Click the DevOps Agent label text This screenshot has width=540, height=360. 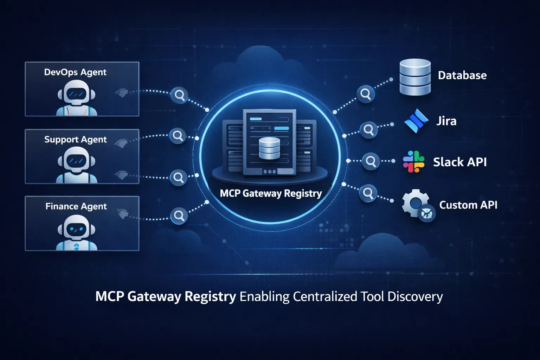[75, 72]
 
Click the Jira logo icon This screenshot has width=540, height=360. [416, 121]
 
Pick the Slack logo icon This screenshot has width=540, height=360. [413, 162]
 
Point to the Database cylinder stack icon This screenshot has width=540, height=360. [415, 77]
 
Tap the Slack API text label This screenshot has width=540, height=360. [460, 162]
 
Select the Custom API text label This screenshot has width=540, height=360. [468, 205]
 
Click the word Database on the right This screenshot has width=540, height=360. [462, 75]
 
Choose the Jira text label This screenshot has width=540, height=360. [446, 121]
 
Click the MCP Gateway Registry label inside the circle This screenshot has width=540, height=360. [271, 193]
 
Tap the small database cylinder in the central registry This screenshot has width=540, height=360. [269, 148]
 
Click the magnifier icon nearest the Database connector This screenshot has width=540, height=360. [366, 94]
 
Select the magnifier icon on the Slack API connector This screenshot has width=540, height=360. [371, 161]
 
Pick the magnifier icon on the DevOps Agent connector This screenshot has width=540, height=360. [179, 95]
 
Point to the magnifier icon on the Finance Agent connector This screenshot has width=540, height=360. [179, 216]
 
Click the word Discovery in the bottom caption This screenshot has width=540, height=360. [415, 296]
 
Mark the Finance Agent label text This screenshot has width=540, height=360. [76, 206]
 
